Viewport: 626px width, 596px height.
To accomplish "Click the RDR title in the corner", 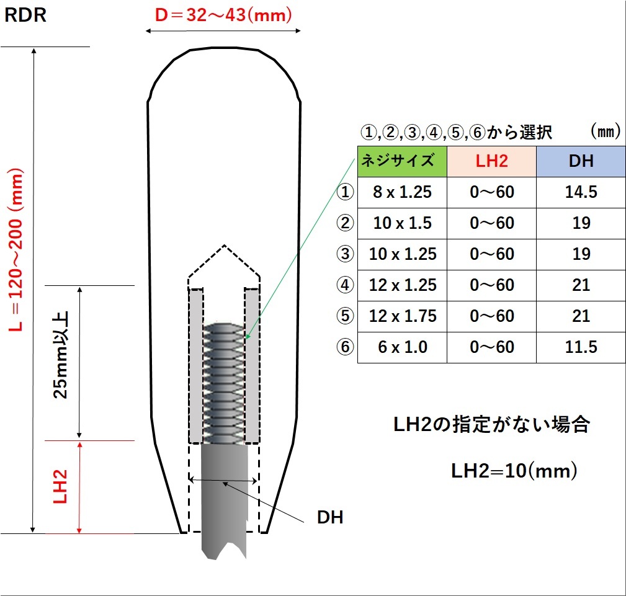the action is [x=25, y=15].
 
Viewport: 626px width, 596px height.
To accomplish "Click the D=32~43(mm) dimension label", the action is [x=223, y=15].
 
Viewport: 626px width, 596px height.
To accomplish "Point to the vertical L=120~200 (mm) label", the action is [x=16, y=249].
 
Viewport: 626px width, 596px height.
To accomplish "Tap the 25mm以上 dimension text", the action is [x=61, y=355].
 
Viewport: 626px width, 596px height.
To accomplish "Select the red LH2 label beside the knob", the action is [x=60, y=486].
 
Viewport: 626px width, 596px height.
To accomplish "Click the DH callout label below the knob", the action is [x=330, y=517].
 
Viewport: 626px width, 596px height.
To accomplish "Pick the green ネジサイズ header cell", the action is [x=402, y=161].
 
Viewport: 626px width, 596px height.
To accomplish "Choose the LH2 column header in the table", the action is [x=491, y=161].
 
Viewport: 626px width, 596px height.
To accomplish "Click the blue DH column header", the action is [x=581, y=161].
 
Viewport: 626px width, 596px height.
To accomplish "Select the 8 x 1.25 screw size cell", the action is [x=402, y=192].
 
